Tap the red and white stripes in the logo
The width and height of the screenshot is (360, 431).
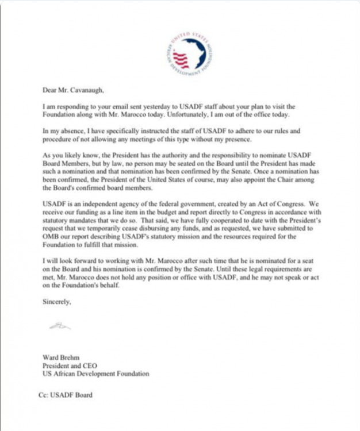coord(181,59)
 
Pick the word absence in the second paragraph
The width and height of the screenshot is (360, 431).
coord(71,132)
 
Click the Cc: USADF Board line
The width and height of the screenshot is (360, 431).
coord(64,396)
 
